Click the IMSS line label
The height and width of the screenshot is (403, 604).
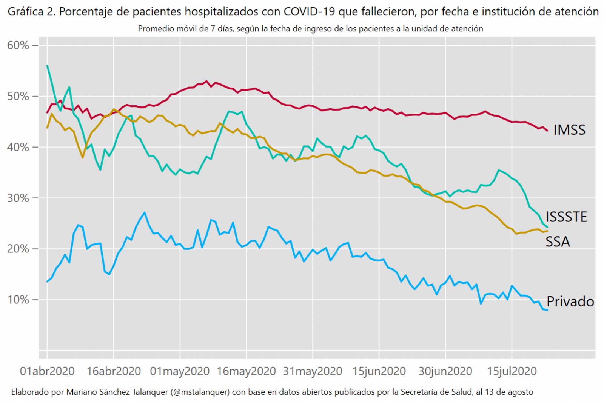[x=569, y=130]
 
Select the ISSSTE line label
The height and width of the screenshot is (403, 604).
[x=566, y=217]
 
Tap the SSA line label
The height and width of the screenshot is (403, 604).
[x=558, y=241]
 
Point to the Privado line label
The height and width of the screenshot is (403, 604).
[x=570, y=301]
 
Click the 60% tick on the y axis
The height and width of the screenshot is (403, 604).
[x=18, y=45]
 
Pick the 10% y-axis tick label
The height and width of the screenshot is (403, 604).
[x=18, y=300]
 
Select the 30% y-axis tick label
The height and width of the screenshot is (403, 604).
[x=18, y=198]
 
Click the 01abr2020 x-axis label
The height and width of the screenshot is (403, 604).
[x=47, y=371]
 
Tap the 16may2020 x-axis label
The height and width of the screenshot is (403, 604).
[x=246, y=371]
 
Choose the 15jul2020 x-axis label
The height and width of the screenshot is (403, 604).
[x=512, y=371]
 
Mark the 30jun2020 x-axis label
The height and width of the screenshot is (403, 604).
[x=445, y=371]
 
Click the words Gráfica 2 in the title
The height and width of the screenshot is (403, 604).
[x=31, y=12]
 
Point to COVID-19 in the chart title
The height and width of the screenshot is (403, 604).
[x=309, y=12]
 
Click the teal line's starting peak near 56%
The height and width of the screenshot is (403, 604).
[x=47, y=66]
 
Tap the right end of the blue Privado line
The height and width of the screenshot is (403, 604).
[x=547, y=310]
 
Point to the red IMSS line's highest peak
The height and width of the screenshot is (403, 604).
[x=206, y=81]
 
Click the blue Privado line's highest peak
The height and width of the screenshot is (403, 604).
[x=145, y=212]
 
